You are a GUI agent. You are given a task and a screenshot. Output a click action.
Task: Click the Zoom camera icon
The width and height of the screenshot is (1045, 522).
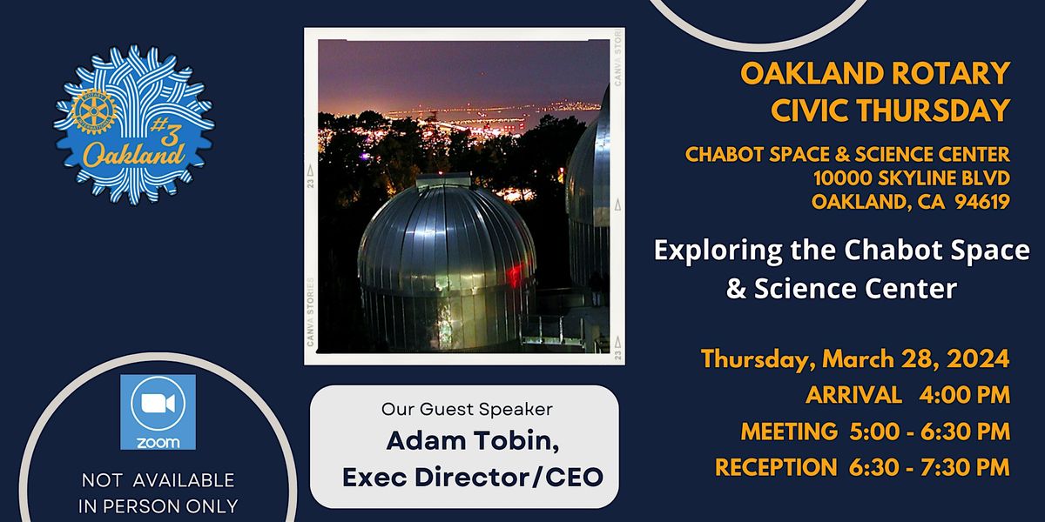point(157,405)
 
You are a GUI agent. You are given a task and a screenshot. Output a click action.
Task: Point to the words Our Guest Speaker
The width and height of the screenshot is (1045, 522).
point(467,407)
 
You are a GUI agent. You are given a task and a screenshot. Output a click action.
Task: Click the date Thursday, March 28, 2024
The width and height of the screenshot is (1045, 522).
point(855,358)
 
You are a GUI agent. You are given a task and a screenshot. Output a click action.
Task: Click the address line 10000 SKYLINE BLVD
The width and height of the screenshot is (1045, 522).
point(911,178)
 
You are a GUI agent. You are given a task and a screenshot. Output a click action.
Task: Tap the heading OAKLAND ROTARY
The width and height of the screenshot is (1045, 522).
point(875,73)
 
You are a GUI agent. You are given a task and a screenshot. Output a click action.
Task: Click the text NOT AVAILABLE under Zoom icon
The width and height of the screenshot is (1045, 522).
point(158,480)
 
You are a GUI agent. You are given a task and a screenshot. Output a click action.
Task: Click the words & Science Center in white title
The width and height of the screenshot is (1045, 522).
point(841,288)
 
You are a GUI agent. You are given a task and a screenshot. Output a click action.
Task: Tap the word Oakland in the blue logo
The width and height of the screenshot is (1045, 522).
point(133,155)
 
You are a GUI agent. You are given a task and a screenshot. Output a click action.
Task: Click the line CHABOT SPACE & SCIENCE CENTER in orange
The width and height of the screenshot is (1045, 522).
point(847,154)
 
